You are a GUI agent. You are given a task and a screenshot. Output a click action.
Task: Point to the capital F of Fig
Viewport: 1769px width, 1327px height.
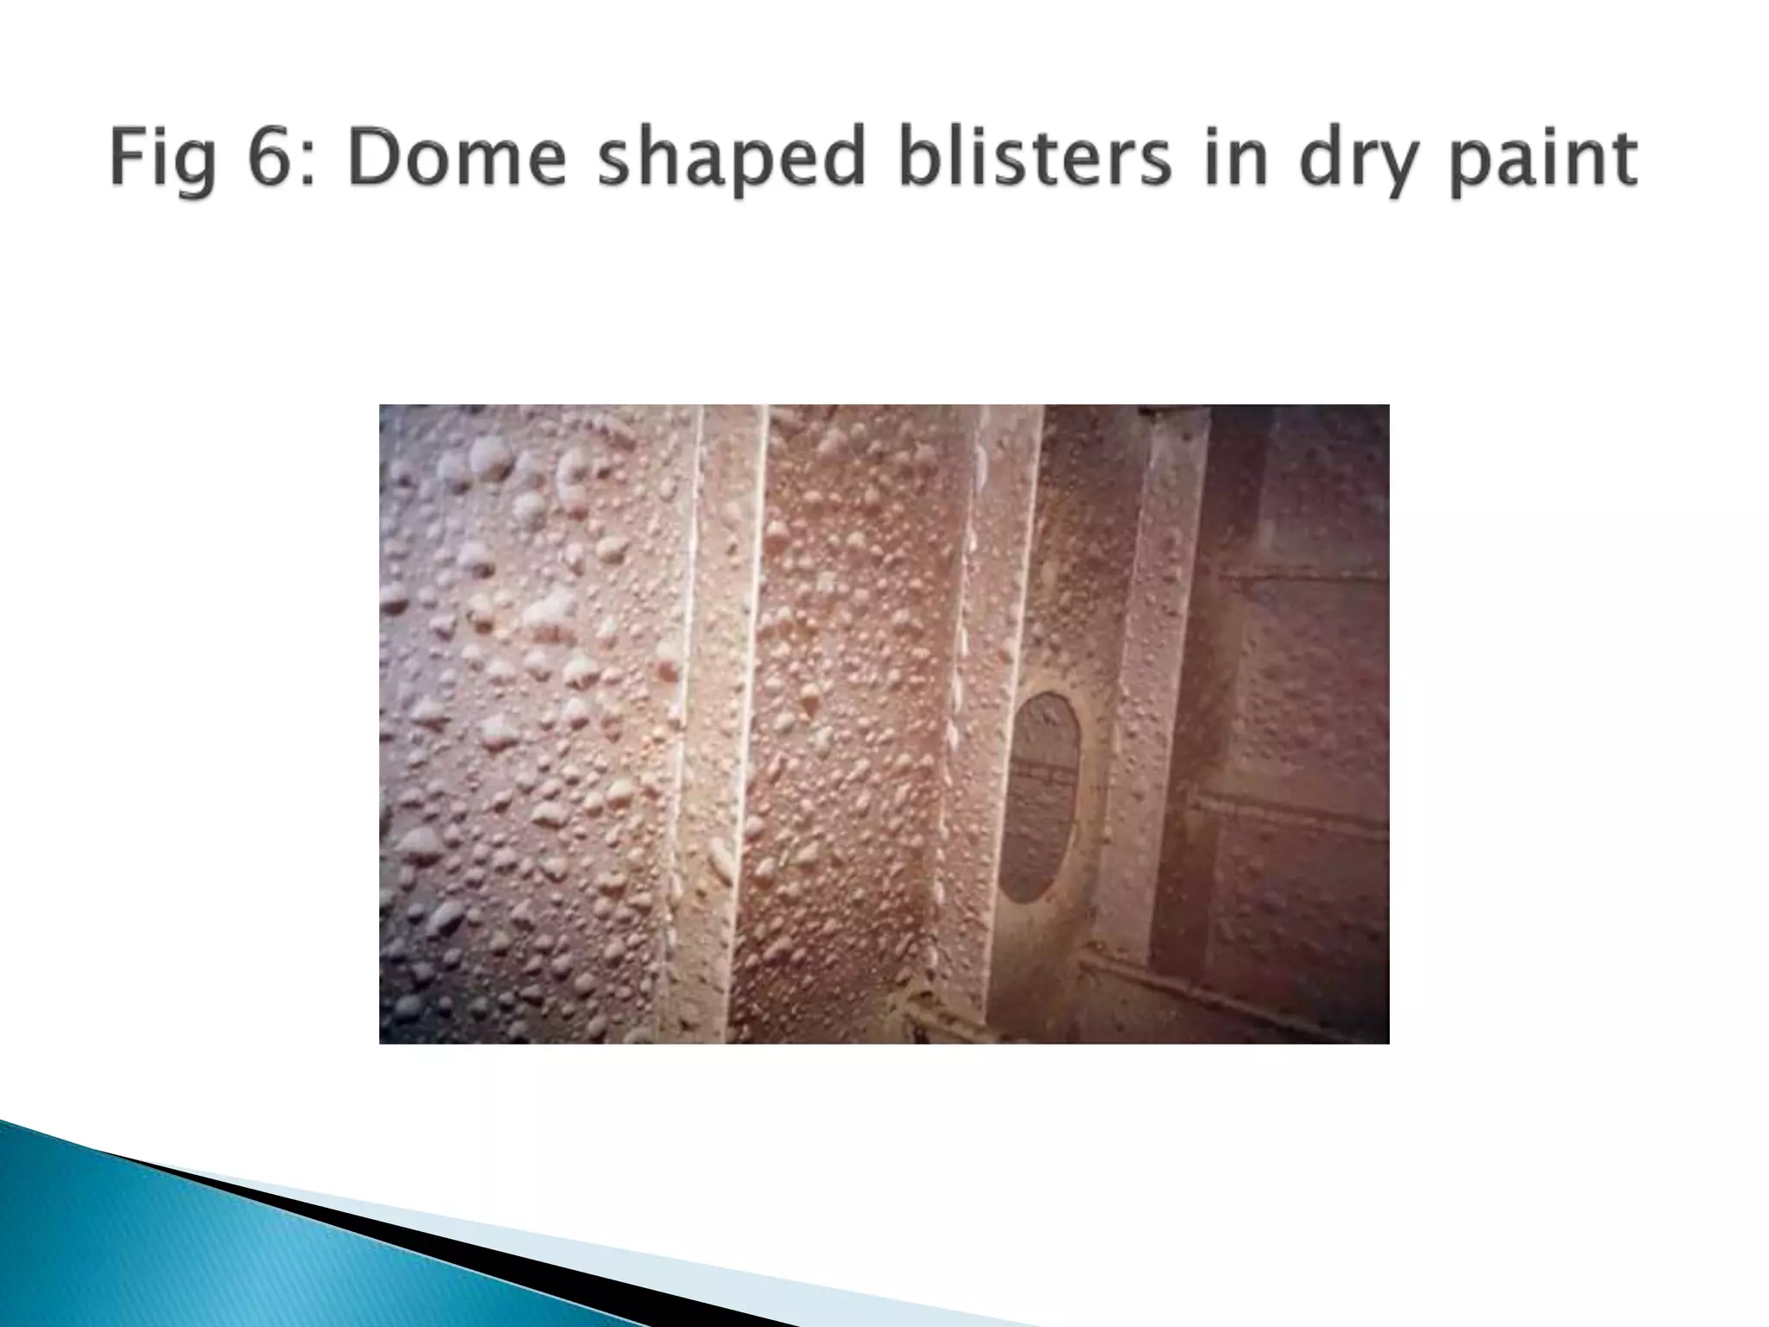click(x=128, y=157)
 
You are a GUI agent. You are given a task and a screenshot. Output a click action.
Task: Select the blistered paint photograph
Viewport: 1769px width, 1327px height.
click(x=884, y=723)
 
